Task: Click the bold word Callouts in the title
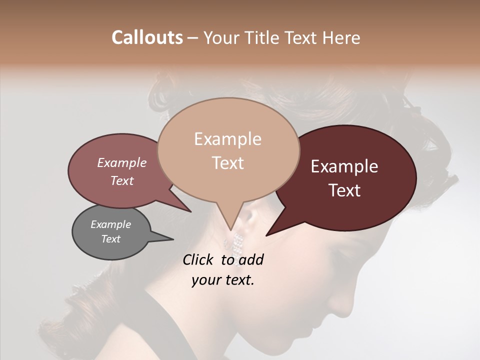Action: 147,37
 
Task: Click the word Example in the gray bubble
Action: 110,224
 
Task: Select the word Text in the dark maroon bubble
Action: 345,190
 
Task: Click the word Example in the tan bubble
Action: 227,139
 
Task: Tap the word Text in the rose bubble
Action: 122,180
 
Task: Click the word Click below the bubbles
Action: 198,259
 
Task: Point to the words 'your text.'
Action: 223,280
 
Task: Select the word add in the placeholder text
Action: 251,259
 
